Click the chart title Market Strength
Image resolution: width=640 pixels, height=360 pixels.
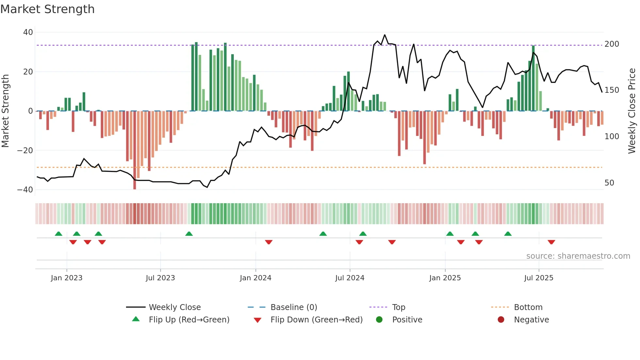(x=47, y=9)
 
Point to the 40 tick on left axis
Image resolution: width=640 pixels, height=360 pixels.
(x=28, y=32)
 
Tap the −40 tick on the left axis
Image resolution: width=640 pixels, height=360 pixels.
(x=25, y=190)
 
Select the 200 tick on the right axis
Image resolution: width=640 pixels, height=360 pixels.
(x=612, y=44)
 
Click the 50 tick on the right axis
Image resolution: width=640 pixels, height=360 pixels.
(x=609, y=183)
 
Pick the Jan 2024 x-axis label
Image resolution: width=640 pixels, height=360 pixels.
(x=255, y=278)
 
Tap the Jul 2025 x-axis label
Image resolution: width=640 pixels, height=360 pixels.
(x=538, y=278)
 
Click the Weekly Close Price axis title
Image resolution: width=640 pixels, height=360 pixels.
(x=632, y=111)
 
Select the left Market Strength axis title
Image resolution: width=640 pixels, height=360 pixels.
(x=6, y=111)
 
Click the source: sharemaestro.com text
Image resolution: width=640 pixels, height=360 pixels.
(x=578, y=256)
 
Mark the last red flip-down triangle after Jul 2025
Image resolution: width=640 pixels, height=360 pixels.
(x=551, y=242)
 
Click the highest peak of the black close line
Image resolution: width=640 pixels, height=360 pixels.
(x=385, y=35)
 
